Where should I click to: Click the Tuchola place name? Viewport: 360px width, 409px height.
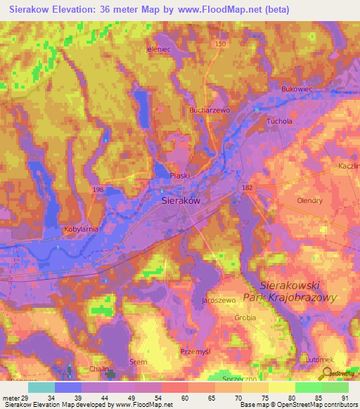tap(279, 121)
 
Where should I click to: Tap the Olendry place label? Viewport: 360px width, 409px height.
tap(309, 200)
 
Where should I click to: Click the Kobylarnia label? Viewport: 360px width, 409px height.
tap(81, 230)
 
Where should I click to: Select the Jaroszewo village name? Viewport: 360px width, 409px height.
tap(218, 300)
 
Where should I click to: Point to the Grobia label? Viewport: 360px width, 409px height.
tap(245, 318)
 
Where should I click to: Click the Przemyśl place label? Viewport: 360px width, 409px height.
tap(215, 351)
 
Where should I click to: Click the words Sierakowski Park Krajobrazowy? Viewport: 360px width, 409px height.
tap(299, 292)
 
